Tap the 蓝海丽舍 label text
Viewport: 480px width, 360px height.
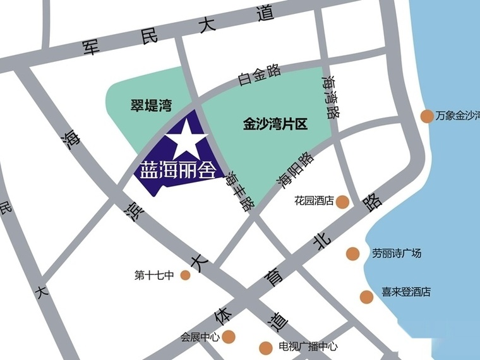pos(176,169)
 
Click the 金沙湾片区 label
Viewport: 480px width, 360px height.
pos(275,124)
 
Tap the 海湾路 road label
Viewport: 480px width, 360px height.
pos(330,98)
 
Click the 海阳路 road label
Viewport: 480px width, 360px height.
pos(294,170)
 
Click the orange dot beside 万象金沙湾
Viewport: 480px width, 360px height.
pos(427,116)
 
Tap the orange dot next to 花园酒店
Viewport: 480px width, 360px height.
pos(342,201)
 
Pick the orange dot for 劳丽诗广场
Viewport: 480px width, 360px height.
pos(352,254)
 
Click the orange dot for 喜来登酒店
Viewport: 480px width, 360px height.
pos(366,296)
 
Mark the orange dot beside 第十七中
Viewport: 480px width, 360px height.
pos(185,275)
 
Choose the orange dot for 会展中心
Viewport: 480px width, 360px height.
pos(228,337)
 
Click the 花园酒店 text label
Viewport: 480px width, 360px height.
pos(313,201)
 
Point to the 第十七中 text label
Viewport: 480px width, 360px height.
pos(153,275)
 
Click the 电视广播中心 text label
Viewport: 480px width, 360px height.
pos(308,347)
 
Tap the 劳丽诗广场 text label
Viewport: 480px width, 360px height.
pos(397,254)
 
